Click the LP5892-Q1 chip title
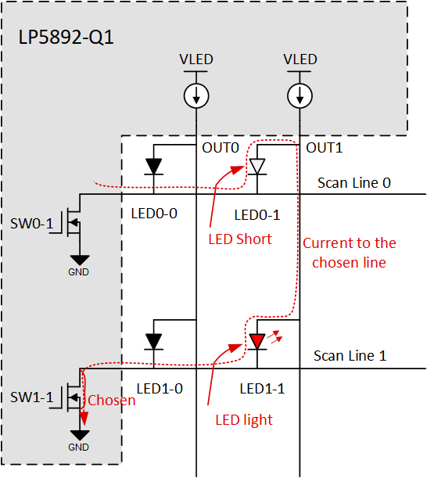click(x=66, y=37)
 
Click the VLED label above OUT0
click(x=196, y=59)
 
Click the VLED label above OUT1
click(x=300, y=59)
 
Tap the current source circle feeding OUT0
click(x=196, y=95)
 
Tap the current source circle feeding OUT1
click(x=300, y=95)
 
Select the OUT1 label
click(x=324, y=147)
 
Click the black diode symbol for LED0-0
click(x=154, y=166)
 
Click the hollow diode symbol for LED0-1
click(x=257, y=166)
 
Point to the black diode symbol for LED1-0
click(x=154, y=340)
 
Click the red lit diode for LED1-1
click(x=257, y=340)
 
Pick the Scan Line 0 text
click(x=353, y=182)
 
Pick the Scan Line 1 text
click(x=350, y=355)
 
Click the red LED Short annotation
click(x=239, y=239)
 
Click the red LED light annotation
click(x=244, y=419)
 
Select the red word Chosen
click(x=110, y=400)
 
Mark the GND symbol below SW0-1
click(x=79, y=262)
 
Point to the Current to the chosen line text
click(x=349, y=253)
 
